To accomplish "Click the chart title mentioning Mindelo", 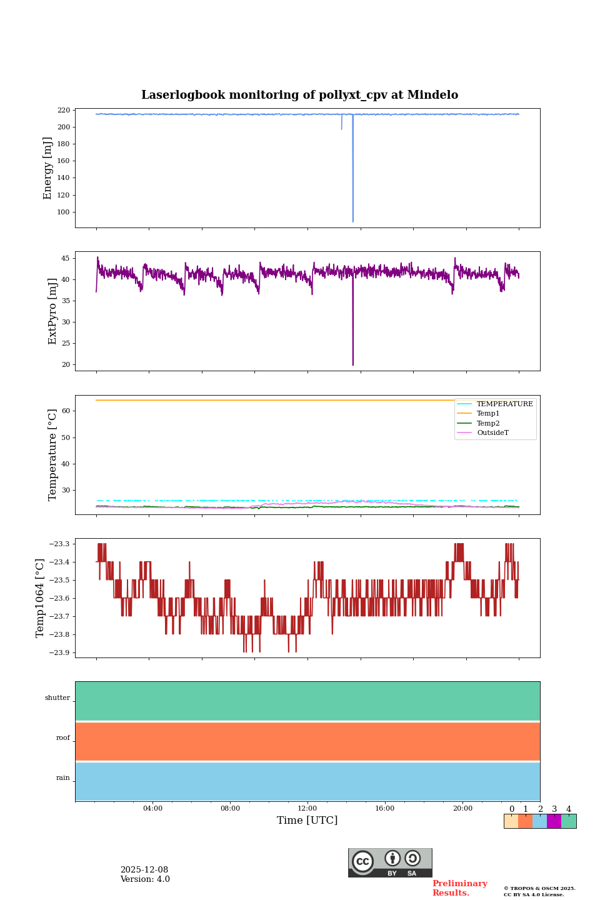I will point(299,95).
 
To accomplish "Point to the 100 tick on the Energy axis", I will point(64,212).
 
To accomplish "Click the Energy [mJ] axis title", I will point(47,168).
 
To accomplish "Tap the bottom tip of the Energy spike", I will point(352,221).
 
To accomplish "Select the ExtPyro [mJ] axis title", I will point(52,311).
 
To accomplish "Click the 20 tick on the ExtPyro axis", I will point(66,364).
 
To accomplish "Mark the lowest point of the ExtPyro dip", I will point(352,365).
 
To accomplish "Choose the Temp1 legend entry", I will point(488,414).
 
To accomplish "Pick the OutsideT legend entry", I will point(492,433).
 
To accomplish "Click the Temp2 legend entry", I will point(488,423).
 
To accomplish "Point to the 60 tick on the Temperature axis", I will point(66,411).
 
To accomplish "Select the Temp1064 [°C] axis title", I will point(41,598).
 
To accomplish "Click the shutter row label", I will point(57,698).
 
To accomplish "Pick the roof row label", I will point(63,738).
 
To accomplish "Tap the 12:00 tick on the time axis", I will point(307,808).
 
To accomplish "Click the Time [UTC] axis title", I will point(307,820).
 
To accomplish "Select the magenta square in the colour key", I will point(554,821).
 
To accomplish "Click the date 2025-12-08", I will point(144,870).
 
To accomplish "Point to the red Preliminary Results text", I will point(459,888).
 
